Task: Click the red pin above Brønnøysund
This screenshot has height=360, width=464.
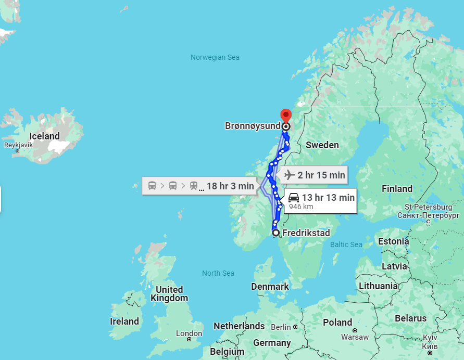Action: (286, 115)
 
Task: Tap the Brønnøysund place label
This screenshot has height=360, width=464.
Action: (253, 126)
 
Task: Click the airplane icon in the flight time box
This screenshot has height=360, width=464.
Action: (290, 175)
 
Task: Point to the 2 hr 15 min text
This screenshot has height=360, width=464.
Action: (321, 175)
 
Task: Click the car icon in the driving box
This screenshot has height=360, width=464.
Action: (294, 198)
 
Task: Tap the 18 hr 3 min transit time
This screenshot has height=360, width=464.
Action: (230, 186)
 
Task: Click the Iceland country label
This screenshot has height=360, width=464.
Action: (44, 136)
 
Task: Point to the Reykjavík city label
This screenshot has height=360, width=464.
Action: (18, 145)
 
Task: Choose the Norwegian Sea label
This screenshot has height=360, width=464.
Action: (215, 57)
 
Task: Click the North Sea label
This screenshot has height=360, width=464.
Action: (218, 273)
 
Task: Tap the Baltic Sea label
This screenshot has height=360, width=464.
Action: (346, 245)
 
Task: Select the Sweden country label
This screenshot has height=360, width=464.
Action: (322, 145)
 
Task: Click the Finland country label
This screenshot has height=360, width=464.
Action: (397, 188)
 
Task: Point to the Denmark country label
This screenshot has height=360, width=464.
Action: (270, 287)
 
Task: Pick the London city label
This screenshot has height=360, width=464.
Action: (189, 333)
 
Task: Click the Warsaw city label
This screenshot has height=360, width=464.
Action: (355, 337)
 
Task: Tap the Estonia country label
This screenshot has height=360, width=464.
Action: (394, 241)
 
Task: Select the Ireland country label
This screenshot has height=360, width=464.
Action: (124, 321)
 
